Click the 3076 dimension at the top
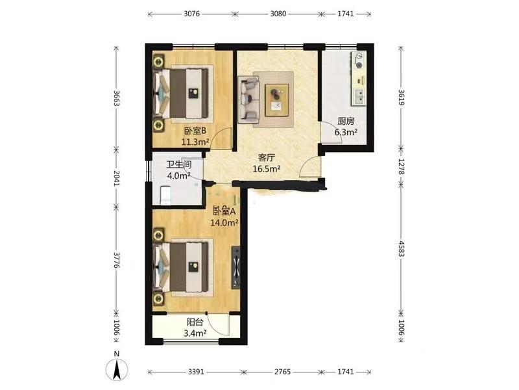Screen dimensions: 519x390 [191, 14]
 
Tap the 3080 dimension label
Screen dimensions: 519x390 [278, 14]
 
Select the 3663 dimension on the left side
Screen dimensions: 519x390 [116, 98]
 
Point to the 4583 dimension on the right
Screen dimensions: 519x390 [401, 249]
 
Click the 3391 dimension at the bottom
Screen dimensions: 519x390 [196, 372]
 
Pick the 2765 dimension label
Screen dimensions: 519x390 [282, 372]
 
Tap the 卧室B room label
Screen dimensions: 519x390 [195, 131]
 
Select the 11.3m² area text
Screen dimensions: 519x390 [195, 142]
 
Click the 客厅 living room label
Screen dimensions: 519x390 [267, 157]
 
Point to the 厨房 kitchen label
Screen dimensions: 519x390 [346, 122]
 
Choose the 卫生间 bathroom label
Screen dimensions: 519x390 [179, 164]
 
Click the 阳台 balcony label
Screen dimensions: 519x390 [195, 322]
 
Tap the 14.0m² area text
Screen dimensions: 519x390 [224, 222]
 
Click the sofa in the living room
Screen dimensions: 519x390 [248, 98]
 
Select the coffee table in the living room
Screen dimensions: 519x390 [277, 100]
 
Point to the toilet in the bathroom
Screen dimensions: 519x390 [165, 195]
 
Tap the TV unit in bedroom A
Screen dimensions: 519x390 [236, 267]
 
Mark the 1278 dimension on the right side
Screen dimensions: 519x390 [401, 166]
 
